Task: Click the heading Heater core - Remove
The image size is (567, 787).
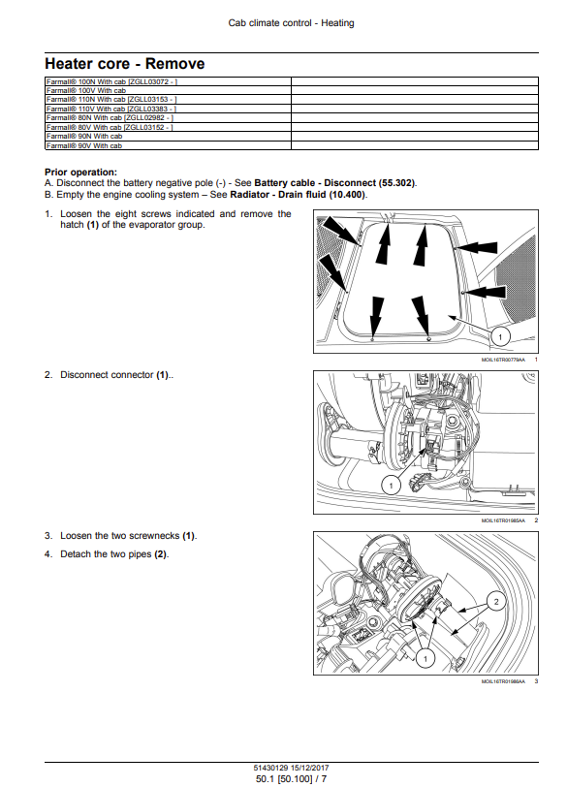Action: [x=125, y=64]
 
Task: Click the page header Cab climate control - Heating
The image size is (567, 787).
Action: [x=291, y=23]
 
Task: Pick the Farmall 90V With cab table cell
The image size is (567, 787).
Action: [x=84, y=145]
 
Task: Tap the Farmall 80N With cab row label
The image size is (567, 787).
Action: [x=110, y=118]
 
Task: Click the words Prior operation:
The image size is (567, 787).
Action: [x=80, y=173]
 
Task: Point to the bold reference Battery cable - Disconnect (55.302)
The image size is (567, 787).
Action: [x=335, y=183]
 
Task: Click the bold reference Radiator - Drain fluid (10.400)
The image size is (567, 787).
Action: [x=299, y=194]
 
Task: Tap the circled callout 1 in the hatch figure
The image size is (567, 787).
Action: [x=500, y=336]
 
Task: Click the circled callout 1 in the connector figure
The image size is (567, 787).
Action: [x=391, y=485]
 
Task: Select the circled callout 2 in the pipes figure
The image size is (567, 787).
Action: [x=496, y=601]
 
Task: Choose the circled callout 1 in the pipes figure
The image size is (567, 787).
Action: [x=426, y=658]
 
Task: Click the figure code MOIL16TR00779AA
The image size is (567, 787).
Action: [x=503, y=360]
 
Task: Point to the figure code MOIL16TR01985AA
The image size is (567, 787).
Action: [x=503, y=520]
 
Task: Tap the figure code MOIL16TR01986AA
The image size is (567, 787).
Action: [x=503, y=681]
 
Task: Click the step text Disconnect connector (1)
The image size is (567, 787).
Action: [x=116, y=375]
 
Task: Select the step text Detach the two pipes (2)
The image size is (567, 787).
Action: [x=114, y=554]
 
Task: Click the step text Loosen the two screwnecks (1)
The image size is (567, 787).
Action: [x=129, y=536]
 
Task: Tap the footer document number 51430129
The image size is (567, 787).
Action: [x=270, y=768]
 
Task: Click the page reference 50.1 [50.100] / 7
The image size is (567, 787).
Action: [x=291, y=779]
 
